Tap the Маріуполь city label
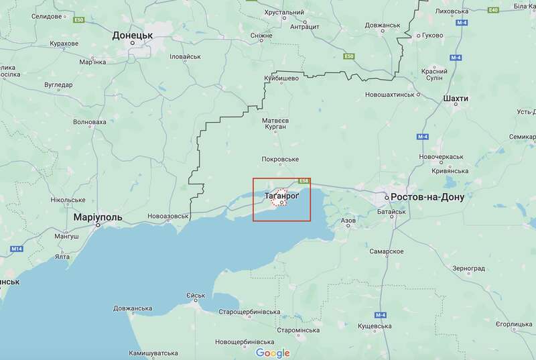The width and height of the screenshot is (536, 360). pos(98,219)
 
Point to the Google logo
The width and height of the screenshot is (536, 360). pos(273,353)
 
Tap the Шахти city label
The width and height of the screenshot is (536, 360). pos(456,99)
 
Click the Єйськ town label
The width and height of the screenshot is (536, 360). pos(196,296)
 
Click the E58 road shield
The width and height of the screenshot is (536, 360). pos(305,180)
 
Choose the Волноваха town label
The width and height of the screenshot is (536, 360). pos(89,122)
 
